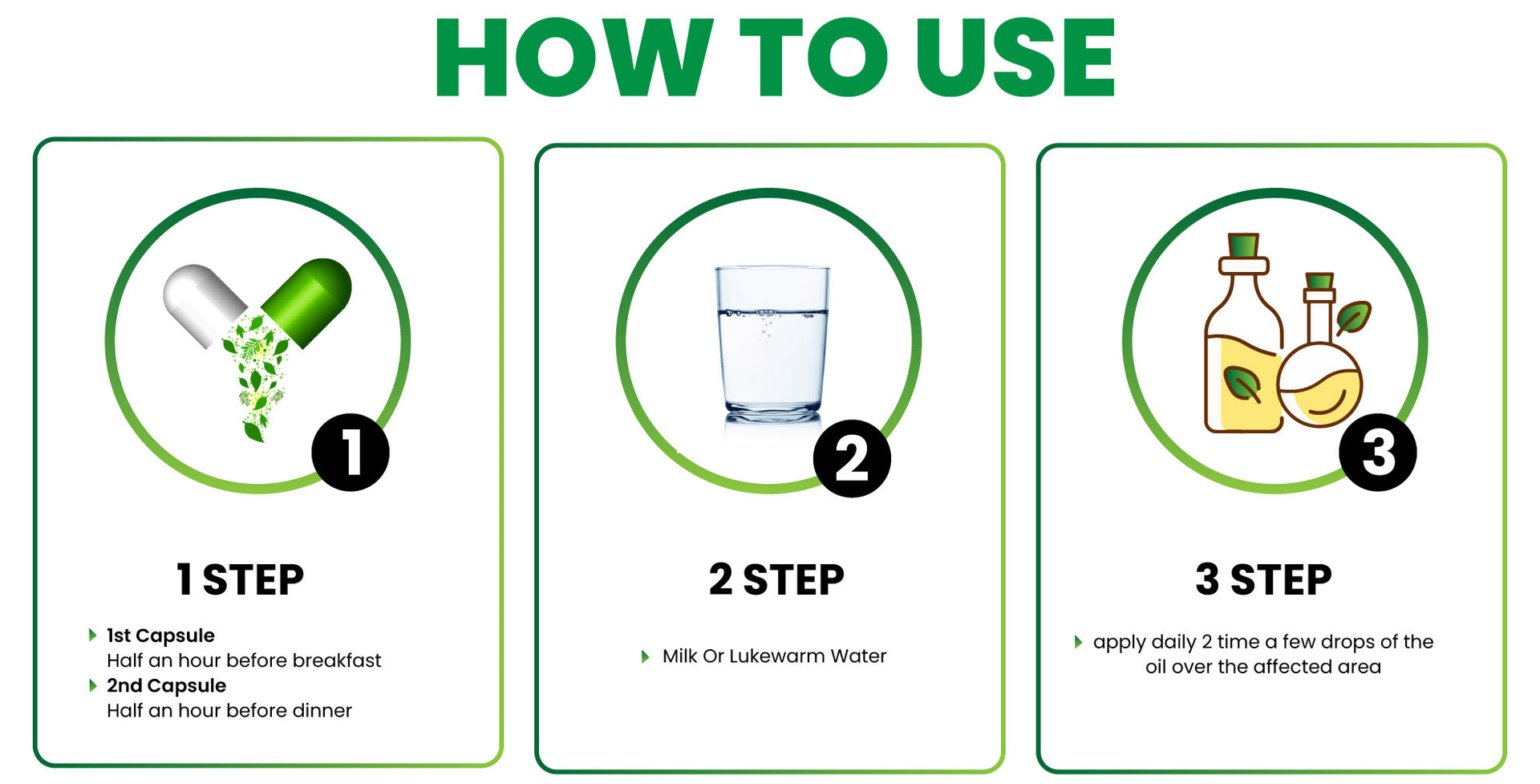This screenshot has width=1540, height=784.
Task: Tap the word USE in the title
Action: tap(1015, 58)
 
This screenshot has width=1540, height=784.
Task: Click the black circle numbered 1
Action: tap(351, 452)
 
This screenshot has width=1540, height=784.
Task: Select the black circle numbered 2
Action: tap(852, 458)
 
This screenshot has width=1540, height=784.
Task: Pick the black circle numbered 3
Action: tap(1378, 452)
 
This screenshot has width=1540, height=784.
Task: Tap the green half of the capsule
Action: tap(308, 301)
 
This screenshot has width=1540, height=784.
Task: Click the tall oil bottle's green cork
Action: tap(1243, 246)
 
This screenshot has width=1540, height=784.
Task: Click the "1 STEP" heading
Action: tap(240, 579)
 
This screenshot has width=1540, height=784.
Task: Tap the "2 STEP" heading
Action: tap(776, 579)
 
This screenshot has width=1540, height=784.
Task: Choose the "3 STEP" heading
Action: tap(1263, 579)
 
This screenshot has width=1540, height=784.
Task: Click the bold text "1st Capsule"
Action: tap(160, 636)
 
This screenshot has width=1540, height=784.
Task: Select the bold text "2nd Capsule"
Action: tap(166, 685)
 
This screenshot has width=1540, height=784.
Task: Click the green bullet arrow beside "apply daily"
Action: tap(1078, 642)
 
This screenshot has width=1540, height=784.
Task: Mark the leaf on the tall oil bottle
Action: tap(1242, 384)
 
